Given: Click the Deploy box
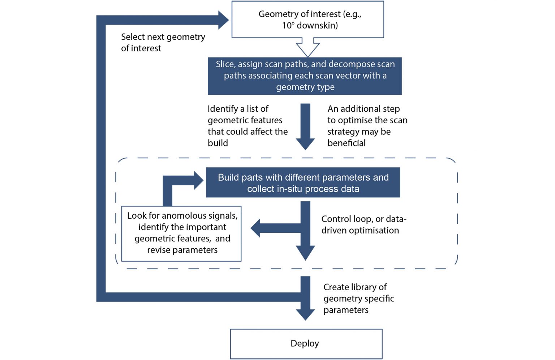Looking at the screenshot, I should pyautogui.click(x=306, y=343).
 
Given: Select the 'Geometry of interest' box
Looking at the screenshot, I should pyautogui.click(x=307, y=20).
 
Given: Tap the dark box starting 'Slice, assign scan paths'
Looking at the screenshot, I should pyautogui.click(x=305, y=76).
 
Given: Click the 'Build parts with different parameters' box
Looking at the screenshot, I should pyautogui.click(x=303, y=183).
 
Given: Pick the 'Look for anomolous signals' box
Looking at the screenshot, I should pyautogui.click(x=181, y=233).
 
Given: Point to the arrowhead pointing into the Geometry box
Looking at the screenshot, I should pyautogui.click(x=223, y=20).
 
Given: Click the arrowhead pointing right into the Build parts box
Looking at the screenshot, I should pyautogui.click(x=198, y=180).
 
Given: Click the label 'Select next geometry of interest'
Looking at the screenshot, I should pyautogui.click(x=163, y=43).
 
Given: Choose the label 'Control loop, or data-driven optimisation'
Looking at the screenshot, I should pyautogui.click(x=363, y=224).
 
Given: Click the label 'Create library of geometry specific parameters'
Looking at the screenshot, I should pyautogui.click(x=358, y=299).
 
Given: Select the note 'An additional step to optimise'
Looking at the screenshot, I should pyautogui.click(x=367, y=126).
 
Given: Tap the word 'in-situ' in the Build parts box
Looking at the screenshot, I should pyautogui.click(x=292, y=189).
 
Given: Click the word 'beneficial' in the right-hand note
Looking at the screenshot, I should pyautogui.click(x=346, y=143).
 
